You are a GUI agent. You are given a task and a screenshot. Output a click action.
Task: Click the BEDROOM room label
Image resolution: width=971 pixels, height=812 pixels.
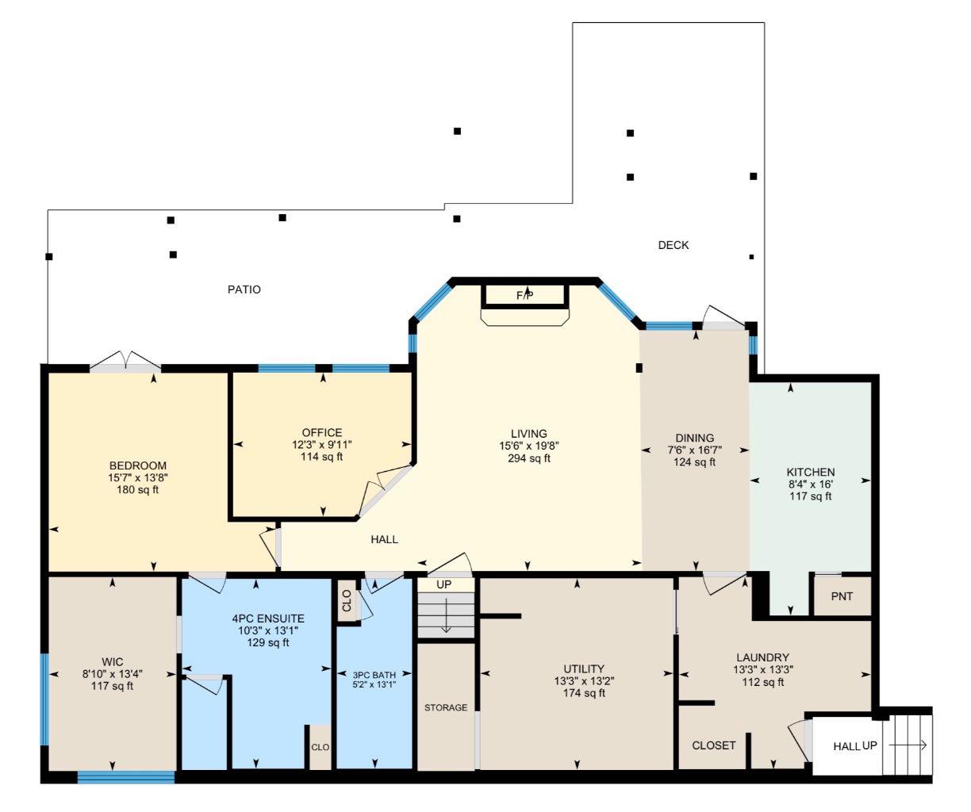click(x=138, y=465)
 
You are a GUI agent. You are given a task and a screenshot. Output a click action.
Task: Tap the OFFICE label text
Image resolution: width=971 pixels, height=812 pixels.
click(x=322, y=432)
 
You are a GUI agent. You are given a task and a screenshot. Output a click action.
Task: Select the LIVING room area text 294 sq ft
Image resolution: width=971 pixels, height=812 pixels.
click(x=529, y=458)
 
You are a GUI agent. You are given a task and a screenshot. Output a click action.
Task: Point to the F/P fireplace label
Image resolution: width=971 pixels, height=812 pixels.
click(x=525, y=296)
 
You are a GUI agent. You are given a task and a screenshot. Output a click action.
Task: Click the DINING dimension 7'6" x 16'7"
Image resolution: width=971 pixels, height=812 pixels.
click(x=695, y=450)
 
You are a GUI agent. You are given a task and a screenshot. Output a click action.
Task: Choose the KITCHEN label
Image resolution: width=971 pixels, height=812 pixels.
click(x=810, y=472)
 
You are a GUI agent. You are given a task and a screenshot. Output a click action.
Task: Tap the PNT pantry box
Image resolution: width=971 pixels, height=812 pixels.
click(x=842, y=596)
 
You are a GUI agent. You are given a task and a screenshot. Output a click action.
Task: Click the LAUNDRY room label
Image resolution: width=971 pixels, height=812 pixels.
click(x=762, y=657)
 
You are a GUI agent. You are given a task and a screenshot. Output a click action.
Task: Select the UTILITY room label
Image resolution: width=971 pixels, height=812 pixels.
click(x=584, y=668)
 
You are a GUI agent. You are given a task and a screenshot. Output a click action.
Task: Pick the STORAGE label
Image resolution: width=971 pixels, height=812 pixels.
click(x=445, y=707)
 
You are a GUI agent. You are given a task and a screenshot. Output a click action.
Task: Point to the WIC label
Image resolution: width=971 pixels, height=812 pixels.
click(x=112, y=661)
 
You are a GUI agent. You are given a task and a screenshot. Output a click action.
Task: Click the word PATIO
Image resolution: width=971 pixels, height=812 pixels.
click(x=244, y=289)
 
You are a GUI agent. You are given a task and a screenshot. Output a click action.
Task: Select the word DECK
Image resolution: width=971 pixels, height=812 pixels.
click(x=674, y=245)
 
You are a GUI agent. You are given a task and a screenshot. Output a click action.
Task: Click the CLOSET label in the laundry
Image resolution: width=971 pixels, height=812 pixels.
click(x=714, y=745)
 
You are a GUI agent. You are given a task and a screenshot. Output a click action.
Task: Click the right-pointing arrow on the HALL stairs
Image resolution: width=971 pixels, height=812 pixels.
click(x=908, y=745)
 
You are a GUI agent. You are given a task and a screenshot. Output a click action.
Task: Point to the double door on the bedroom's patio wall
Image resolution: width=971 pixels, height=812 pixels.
click(x=125, y=362)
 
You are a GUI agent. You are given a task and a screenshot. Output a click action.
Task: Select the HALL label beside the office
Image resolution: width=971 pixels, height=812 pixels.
click(x=384, y=539)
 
